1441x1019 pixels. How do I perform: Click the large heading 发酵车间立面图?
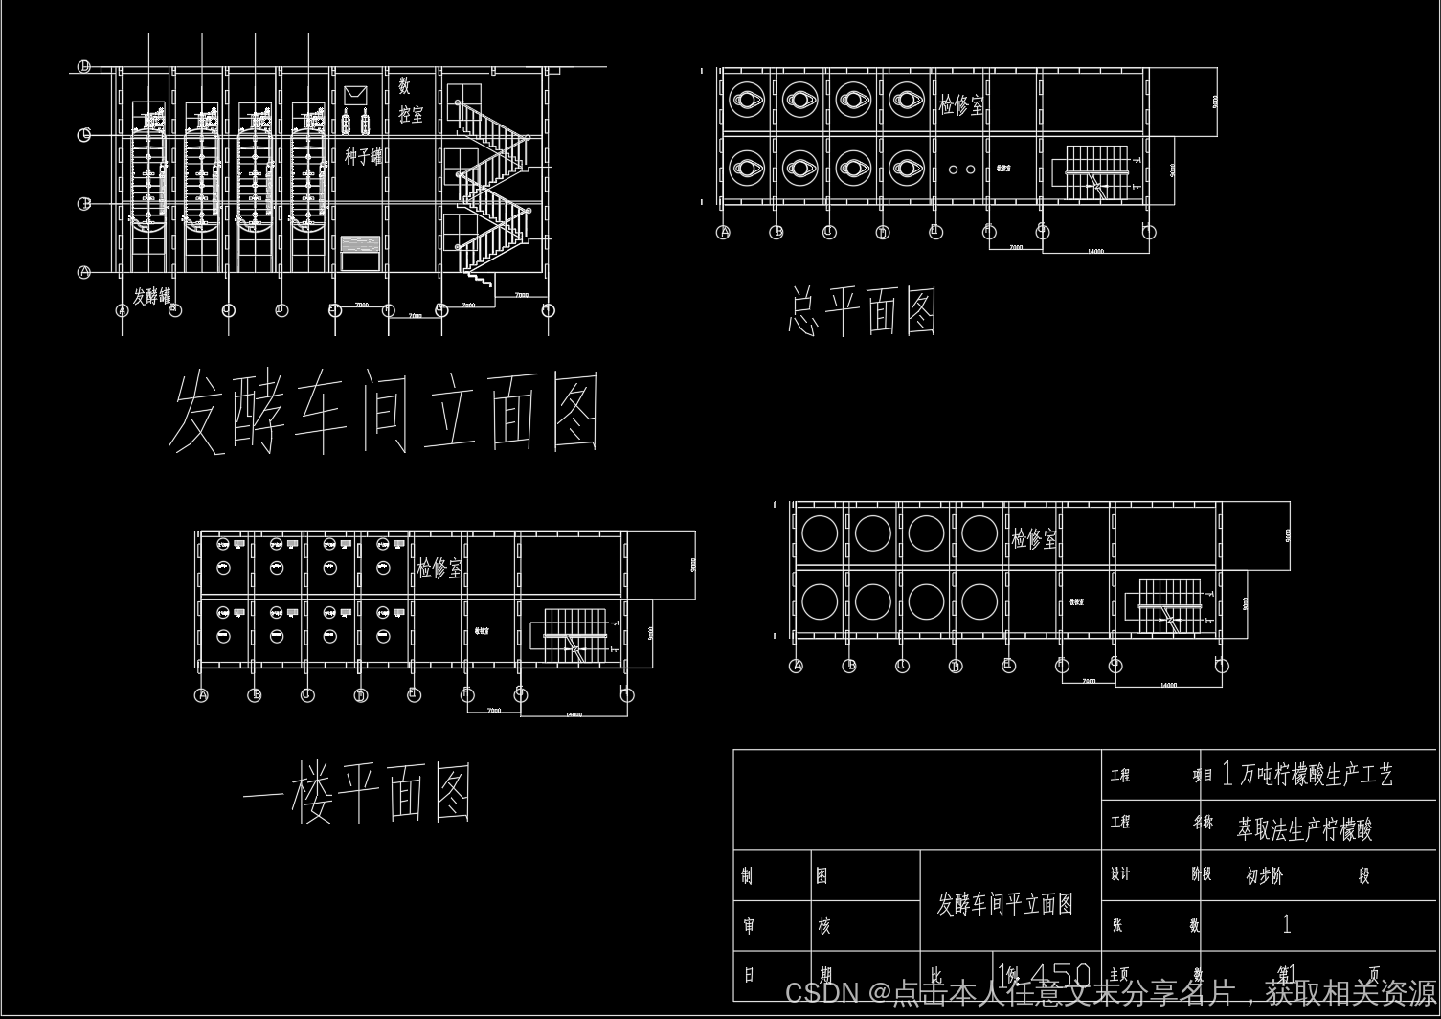pos(384,414)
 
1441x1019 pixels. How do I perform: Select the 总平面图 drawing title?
pos(862,311)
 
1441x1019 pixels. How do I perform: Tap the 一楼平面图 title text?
pos(356,793)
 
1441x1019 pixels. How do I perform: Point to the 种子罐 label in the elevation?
pos(363,156)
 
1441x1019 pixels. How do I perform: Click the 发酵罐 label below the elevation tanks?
pos(151,296)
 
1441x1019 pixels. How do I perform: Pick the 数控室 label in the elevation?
pos(410,102)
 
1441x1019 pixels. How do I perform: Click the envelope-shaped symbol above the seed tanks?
pos(355,95)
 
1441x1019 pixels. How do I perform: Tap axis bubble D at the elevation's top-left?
pos(84,66)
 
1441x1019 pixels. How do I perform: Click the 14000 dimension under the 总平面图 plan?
pos(1095,251)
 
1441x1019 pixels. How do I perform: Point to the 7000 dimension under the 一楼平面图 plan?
pos(493,711)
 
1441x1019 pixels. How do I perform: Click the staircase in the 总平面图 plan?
pos(1096,172)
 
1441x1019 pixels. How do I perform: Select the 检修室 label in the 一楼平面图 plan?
pos(439,569)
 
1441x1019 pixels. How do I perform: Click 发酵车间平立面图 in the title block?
pos(1004,904)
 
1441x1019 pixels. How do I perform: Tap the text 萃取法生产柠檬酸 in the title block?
pos(1304,829)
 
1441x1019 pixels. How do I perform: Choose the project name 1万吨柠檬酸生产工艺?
pos(1307,775)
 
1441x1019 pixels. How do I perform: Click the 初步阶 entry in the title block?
pos(1264,875)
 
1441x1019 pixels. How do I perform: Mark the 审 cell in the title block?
pos(749,925)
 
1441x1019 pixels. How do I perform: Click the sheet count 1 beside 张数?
pos(1286,924)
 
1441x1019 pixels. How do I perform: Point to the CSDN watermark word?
pos(821,993)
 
